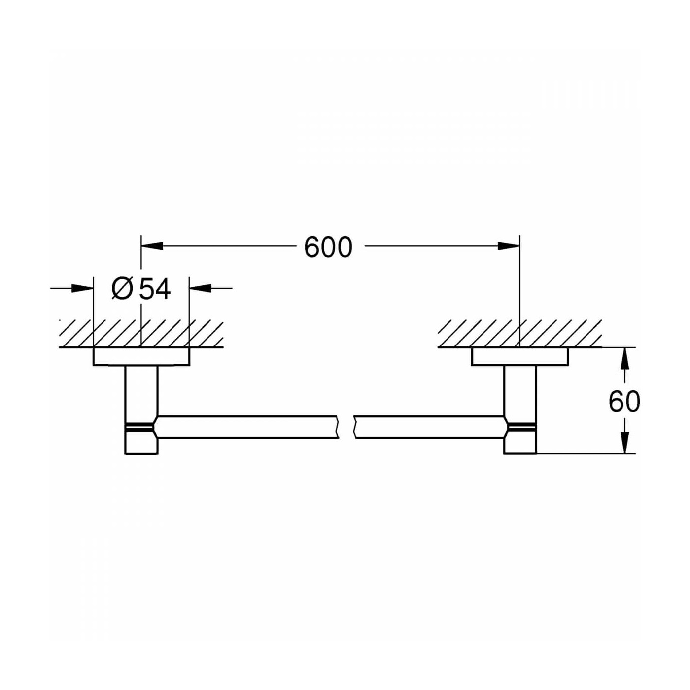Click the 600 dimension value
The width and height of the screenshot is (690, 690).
pyautogui.click(x=328, y=247)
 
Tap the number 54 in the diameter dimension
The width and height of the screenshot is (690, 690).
pyautogui.click(x=155, y=289)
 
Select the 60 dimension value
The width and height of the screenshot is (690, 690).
pyautogui.click(x=624, y=401)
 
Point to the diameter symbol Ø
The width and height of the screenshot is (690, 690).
pyautogui.click(x=122, y=289)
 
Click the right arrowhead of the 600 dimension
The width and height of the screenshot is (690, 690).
pyautogui.click(x=509, y=246)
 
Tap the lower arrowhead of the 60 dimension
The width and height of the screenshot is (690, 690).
pyautogui.click(x=624, y=443)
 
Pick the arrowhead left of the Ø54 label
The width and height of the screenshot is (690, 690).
pyautogui.click(x=82, y=288)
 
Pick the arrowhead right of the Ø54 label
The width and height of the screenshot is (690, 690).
pyautogui.click(x=201, y=288)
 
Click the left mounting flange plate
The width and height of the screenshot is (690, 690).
pyautogui.click(x=141, y=357)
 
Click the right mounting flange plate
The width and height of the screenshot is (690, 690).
pyautogui.click(x=519, y=357)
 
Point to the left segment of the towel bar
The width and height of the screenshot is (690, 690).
pyautogui.click(x=246, y=427)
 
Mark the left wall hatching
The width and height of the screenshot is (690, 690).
pyautogui.click(x=141, y=334)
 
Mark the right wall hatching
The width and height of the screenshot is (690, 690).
pyautogui.click(x=519, y=334)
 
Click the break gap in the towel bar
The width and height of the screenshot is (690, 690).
pyautogui.click(x=346, y=427)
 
